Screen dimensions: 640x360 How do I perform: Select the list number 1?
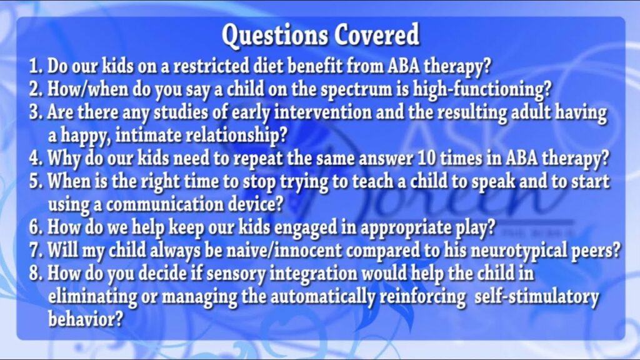coord(35,66)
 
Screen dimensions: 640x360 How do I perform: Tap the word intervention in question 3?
coord(322,112)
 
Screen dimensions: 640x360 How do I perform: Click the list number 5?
coord(35,181)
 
